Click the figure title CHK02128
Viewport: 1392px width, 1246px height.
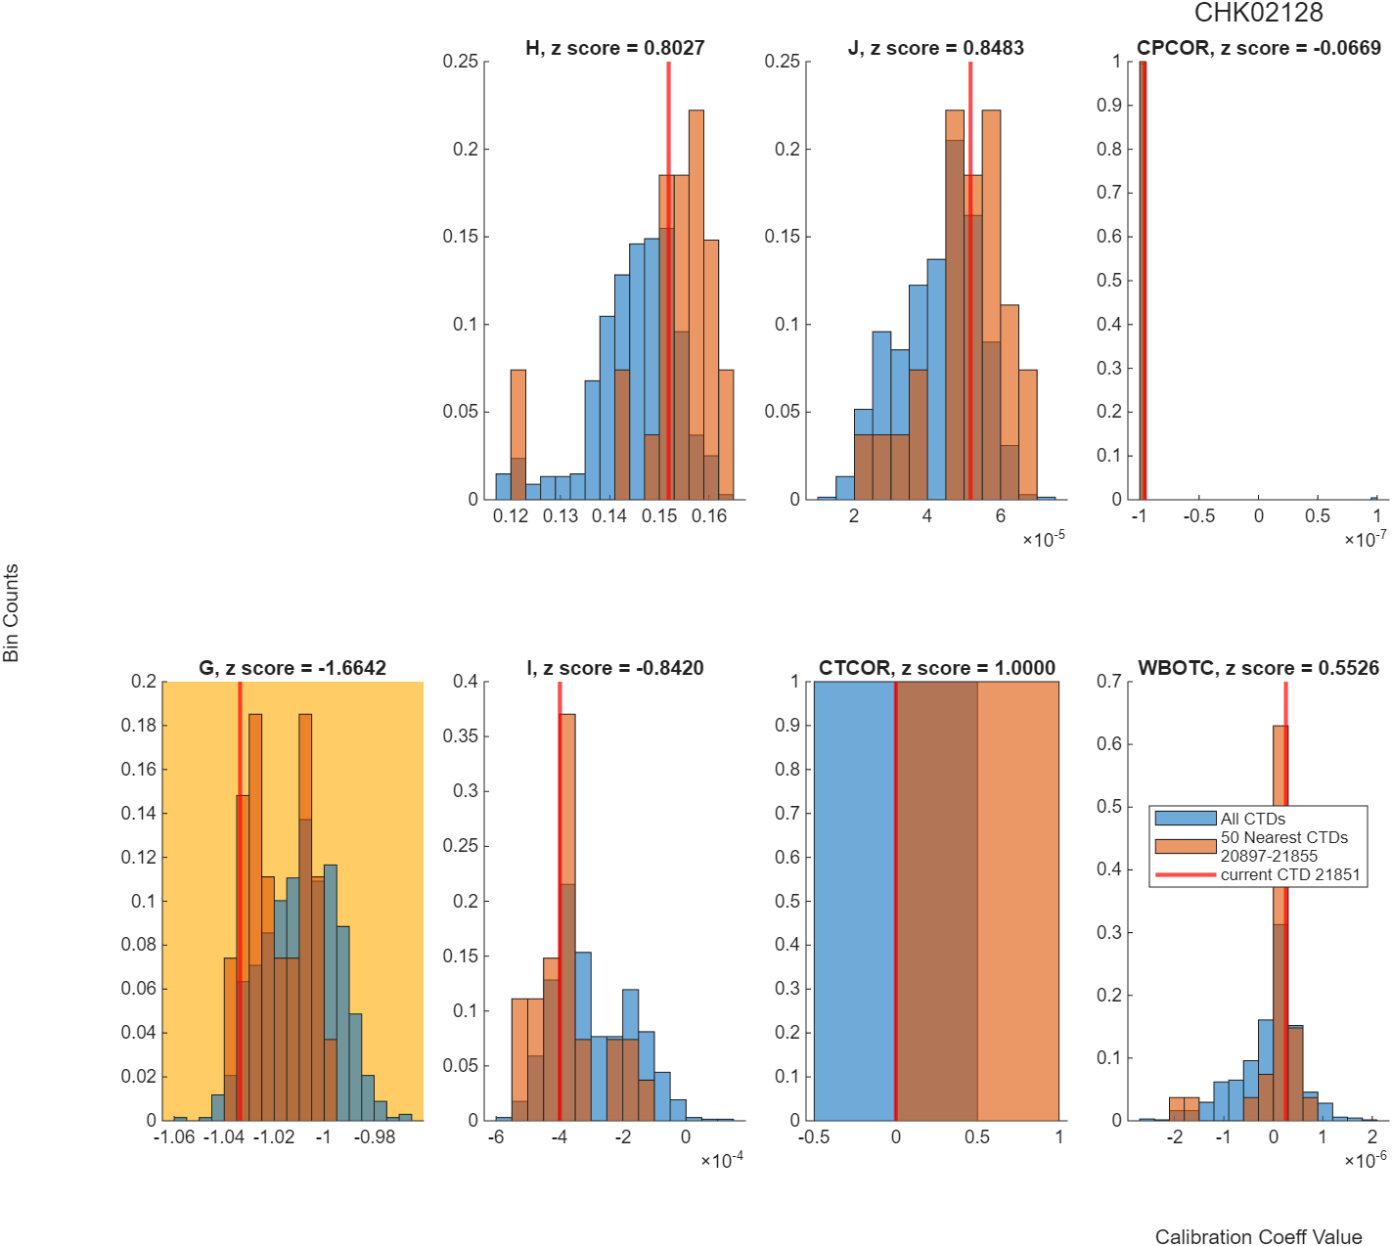point(1258,13)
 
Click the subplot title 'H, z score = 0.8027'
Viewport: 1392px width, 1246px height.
point(615,48)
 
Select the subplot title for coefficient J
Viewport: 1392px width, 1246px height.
point(936,48)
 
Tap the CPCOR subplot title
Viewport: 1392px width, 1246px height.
point(1259,48)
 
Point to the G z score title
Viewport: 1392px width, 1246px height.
point(292,668)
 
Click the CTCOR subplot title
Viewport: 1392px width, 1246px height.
point(936,668)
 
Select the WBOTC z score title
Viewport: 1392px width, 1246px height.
point(1259,668)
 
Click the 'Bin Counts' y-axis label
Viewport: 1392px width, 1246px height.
point(11,612)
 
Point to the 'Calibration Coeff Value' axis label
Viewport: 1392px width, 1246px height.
point(1259,1235)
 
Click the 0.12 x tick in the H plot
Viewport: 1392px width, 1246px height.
point(511,515)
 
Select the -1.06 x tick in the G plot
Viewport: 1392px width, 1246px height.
point(174,1136)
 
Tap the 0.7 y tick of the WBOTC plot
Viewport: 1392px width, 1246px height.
point(1109,681)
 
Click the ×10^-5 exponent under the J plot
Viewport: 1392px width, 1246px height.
point(1044,538)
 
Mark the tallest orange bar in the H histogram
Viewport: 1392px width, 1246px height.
point(696,304)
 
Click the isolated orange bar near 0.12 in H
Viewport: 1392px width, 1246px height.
point(518,434)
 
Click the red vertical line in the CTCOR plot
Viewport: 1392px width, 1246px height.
point(895,901)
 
